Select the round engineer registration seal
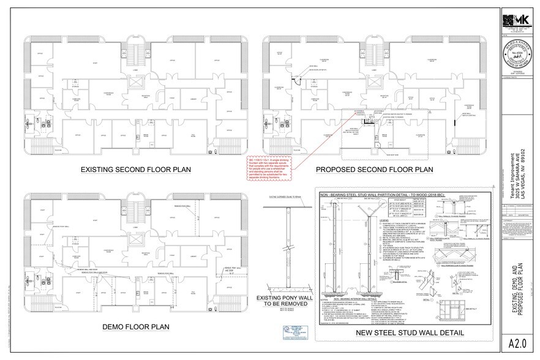click(517, 58)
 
